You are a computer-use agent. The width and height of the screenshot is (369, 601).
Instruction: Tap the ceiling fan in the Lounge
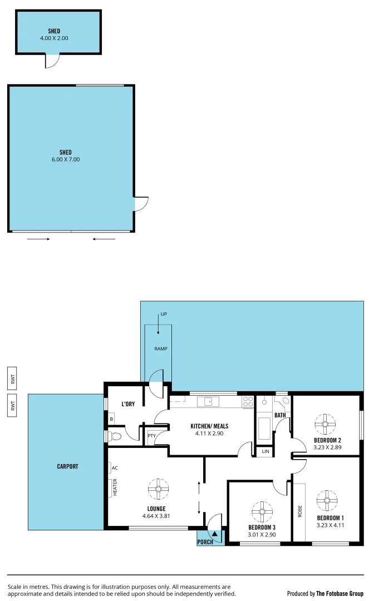[x=158, y=489]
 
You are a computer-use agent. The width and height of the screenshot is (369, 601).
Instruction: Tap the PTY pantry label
[x=151, y=436]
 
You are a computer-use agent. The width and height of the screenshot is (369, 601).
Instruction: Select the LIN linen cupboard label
[x=265, y=452]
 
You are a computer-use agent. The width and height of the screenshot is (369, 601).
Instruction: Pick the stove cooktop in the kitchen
[x=248, y=401]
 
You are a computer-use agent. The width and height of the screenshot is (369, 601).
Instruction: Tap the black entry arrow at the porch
[x=214, y=534]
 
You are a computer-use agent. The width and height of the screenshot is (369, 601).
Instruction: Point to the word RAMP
[x=161, y=349]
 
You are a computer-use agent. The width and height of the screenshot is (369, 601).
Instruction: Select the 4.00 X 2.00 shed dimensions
[x=54, y=38]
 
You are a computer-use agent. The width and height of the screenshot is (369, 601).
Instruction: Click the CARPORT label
[x=67, y=466]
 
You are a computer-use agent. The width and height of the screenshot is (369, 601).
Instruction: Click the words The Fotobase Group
[x=340, y=593]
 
